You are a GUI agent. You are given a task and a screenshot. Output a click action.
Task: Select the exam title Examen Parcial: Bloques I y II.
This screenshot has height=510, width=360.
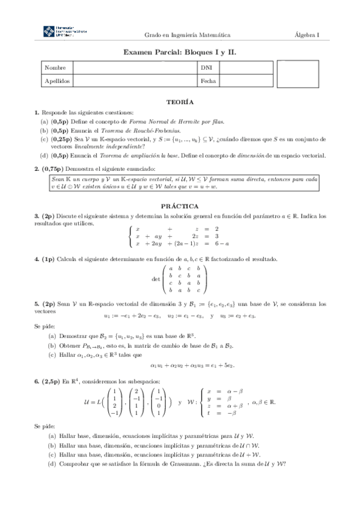click(180, 53)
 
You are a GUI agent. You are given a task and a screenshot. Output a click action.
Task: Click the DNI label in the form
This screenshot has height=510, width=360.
click(206, 68)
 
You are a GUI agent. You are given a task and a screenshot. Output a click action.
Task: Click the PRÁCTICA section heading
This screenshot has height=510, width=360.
click(180, 205)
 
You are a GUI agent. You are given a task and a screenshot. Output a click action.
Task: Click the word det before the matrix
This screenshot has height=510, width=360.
click(157, 279)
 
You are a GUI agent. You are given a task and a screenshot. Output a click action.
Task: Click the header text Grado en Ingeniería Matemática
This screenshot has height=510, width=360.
click(187, 34)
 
